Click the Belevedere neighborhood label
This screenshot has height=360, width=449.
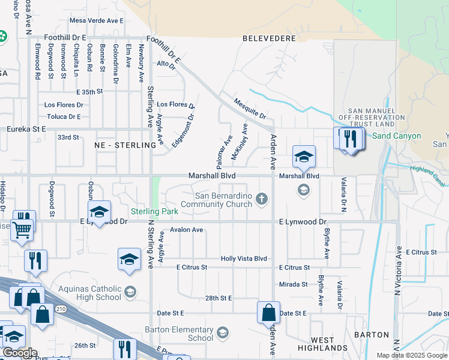point(269,38)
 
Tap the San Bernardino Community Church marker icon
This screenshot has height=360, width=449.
point(261,199)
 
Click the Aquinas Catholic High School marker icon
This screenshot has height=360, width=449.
point(129,292)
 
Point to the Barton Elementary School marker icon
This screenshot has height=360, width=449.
point(222,332)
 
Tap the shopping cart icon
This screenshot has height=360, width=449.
point(22,228)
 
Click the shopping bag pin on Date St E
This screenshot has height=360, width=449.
point(268,312)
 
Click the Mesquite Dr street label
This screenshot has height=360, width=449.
point(250,108)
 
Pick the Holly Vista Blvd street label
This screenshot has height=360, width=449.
point(244,259)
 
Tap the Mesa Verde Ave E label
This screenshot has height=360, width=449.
point(97,20)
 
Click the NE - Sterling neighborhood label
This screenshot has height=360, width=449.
point(121,145)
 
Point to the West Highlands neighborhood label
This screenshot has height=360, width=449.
point(323,344)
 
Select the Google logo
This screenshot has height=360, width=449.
point(20,353)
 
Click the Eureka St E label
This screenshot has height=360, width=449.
point(26,128)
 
